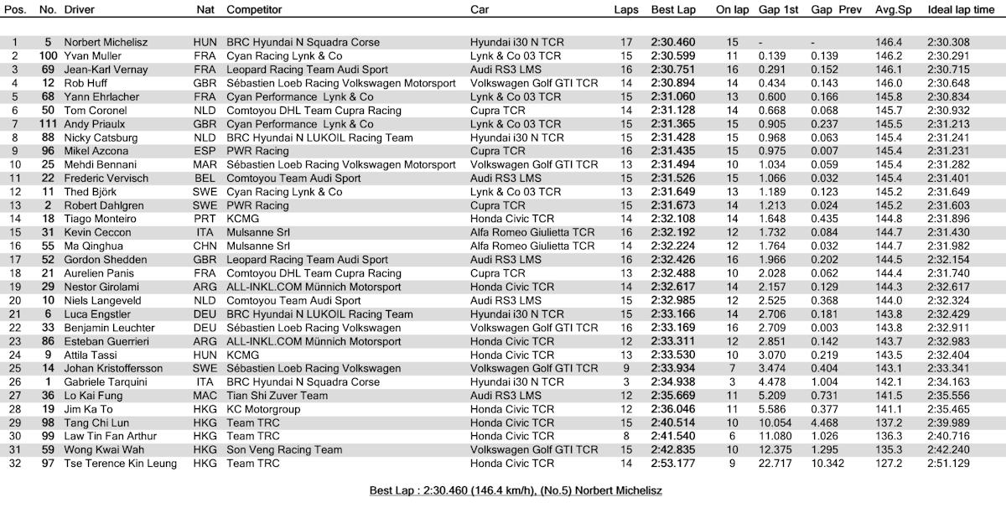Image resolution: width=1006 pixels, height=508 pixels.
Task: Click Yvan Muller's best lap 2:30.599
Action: pos(672,55)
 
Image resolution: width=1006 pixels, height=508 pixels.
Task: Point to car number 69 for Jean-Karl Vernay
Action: pos(49,69)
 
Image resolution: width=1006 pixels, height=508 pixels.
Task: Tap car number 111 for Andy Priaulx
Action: pos(46,123)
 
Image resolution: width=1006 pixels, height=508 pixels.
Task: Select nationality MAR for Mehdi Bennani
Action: pos(205,164)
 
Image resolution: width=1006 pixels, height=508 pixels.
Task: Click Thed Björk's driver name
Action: pos(90,192)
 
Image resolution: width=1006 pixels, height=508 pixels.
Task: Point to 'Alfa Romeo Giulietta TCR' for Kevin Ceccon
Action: pos(533,232)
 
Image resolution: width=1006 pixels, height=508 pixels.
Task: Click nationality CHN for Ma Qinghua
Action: pos(205,246)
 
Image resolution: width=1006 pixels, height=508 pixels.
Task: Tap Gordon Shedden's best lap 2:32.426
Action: pos(672,260)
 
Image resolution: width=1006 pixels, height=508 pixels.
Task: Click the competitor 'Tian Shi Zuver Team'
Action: pos(277,396)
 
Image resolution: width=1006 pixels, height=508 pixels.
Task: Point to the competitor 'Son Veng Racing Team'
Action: pos(284,450)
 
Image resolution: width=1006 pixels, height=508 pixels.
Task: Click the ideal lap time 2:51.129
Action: pos(948,464)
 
